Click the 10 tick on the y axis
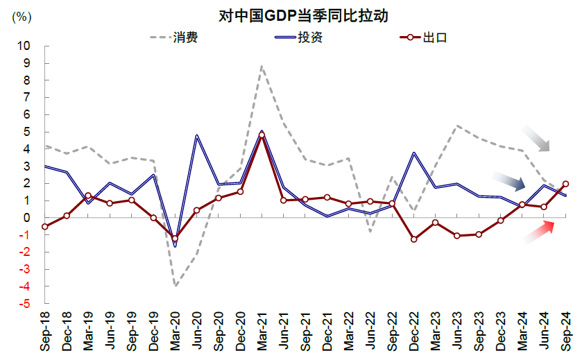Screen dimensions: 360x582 (x=24, y=46)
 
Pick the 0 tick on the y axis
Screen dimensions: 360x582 (x=27, y=218)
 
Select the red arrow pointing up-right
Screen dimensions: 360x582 (x=540, y=232)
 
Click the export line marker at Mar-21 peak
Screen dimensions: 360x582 (x=262, y=135)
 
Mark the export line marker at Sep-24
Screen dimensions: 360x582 (x=565, y=184)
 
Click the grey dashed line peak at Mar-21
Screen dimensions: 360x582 (x=262, y=67)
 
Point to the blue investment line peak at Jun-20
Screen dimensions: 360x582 (x=196, y=136)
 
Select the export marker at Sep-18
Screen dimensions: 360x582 (x=44, y=226)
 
